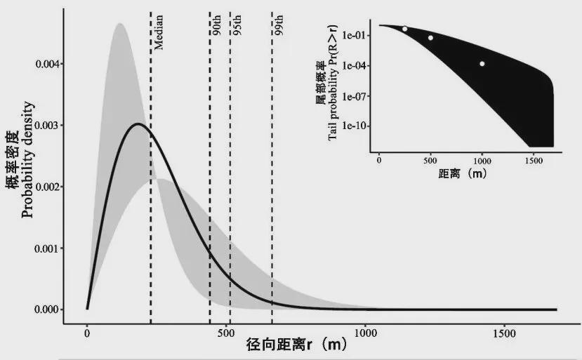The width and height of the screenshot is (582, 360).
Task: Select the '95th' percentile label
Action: [x=237, y=27]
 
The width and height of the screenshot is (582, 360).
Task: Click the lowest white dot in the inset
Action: [x=482, y=64]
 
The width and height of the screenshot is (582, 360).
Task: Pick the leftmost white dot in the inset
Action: [x=405, y=29]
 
